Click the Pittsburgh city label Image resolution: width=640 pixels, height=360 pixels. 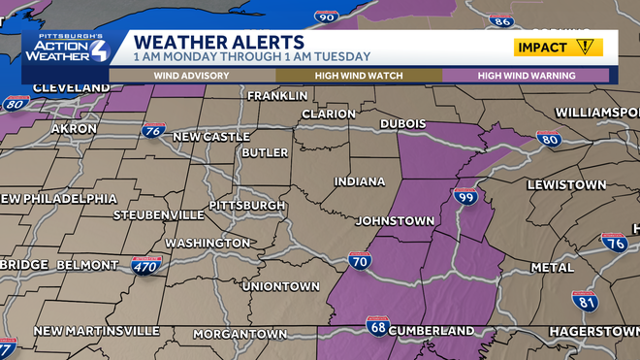[x=245, y=206]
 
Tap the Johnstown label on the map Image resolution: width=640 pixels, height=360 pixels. [x=395, y=221]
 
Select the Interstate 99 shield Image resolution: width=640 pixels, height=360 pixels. [x=465, y=198]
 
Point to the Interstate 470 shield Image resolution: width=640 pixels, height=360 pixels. [x=145, y=264]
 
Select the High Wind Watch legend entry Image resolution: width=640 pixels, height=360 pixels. [x=359, y=75]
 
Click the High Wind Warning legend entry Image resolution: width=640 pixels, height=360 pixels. [x=527, y=75]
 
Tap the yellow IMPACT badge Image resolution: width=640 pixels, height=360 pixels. [x=558, y=47]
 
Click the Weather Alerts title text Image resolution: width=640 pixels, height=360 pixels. [x=218, y=43]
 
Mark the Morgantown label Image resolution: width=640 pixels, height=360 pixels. [x=240, y=334]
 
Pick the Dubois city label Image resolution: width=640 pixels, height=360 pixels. [x=404, y=124]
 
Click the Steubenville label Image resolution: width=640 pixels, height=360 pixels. [x=158, y=213]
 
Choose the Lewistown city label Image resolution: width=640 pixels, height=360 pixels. [x=566, y=184]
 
